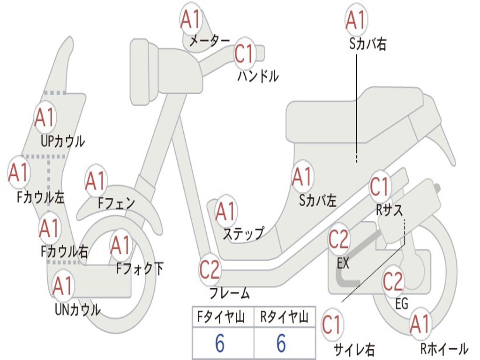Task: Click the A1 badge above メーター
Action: click(x=191, y=19)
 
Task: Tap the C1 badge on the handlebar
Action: click(x=244, y=53)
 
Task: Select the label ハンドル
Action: click(x=258, y=76)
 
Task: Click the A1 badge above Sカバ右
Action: click(x=355, y=20)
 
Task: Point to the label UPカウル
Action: click(x=63, y=141)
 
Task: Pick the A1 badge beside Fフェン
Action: click(x=96, y=181)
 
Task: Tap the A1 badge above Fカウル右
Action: click(x=49, y=228)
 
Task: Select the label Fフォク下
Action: click(x=140, y=269)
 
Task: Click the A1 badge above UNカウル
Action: click(x=63, y=286)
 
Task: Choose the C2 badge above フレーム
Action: click(x=210, y=270)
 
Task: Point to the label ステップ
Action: click(x=243, y=233)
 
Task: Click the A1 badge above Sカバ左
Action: click(x=302, y=177)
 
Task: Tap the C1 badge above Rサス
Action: click(x=380, y=187)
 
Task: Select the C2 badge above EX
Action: click(x=338, y=240)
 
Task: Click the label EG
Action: click(x=402, y=304)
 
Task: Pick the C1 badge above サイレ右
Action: click(x=332, y=325)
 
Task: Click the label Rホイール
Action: click(x=444, y=349)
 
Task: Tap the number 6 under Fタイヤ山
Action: click(x=220, y=344)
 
